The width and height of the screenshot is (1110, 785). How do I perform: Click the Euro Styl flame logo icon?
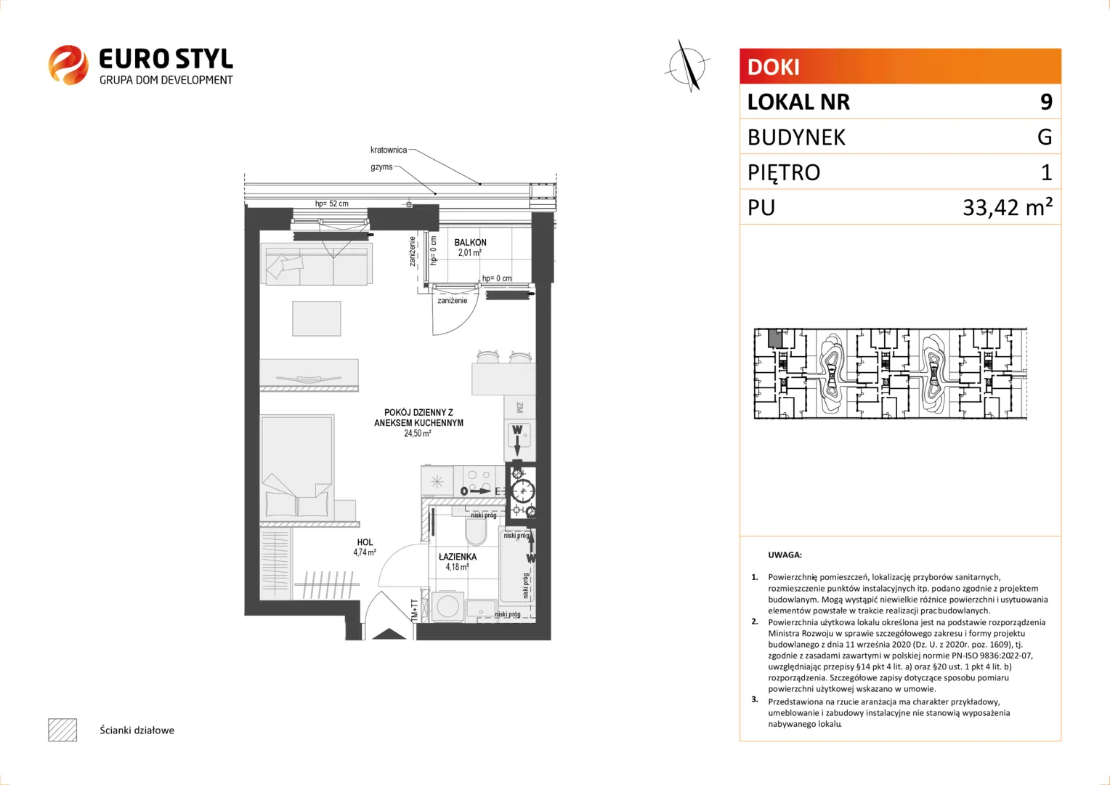(68, 65)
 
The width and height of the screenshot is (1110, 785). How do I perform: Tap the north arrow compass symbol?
(688, 66)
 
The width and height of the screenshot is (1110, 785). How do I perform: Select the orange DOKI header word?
(773, 67)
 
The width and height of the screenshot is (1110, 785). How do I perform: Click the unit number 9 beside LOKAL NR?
(1046, 102)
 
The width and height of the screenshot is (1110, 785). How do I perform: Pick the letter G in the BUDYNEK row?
(1045, 137)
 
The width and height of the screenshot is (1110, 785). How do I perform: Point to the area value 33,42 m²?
(1008, 206)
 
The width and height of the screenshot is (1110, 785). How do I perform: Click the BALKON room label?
(470, 243)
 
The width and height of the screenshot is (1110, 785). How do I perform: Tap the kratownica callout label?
(389, 150)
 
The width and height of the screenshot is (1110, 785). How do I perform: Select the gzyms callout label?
(381, 167)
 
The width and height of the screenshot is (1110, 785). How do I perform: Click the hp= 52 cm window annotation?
(331, 204)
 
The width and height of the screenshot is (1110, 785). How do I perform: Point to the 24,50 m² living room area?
(417, 433)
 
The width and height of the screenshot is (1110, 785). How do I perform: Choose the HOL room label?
(365, 542)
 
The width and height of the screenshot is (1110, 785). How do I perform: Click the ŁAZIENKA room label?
(458, 557)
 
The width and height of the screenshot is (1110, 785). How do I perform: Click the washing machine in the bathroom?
(448, 606)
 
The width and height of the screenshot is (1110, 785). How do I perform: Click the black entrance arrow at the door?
(389, 635)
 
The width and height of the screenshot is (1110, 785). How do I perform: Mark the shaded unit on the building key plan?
(775, 338)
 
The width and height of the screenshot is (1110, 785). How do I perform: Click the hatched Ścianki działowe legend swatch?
(62, 730)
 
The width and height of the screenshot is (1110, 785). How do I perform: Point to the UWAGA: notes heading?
(785, 555)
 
